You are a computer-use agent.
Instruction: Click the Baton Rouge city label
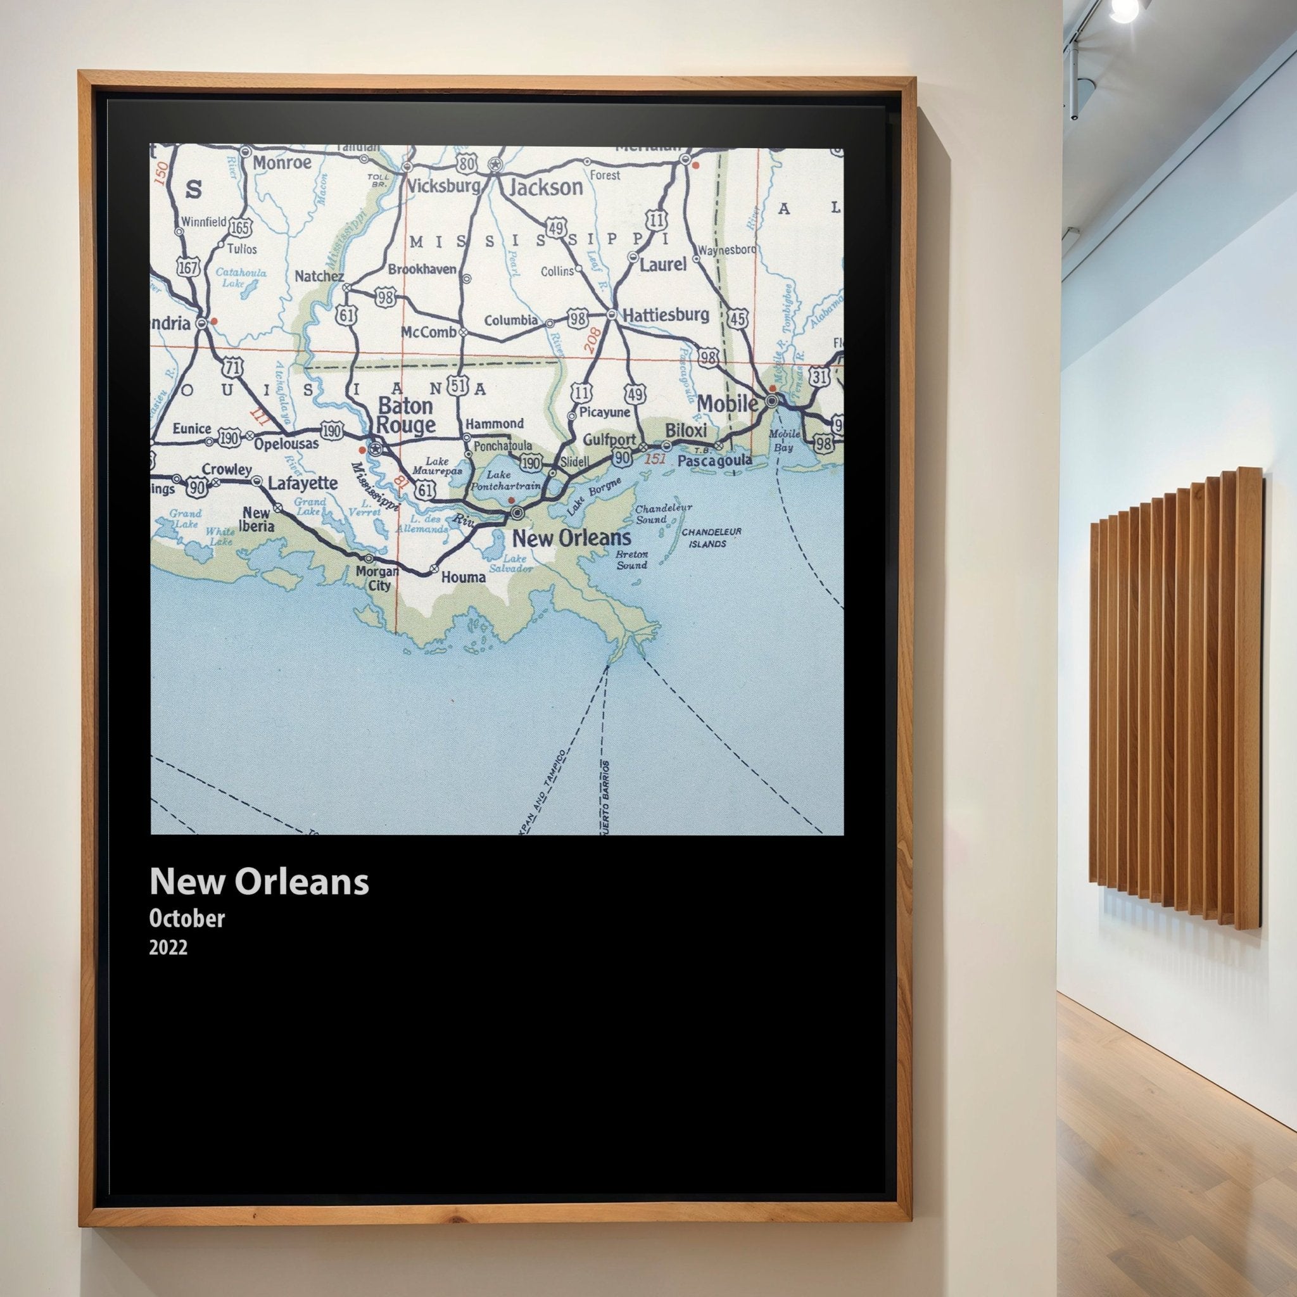click(406, 415)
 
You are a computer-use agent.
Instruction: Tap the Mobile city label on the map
click(728, 403)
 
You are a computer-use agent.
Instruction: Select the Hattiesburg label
click(666, 315)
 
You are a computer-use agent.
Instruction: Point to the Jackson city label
click(546, 187)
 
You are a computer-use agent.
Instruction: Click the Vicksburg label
click(444, 186)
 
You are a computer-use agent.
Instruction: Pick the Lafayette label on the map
click(303, 483)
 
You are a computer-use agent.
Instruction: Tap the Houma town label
click(463, 577)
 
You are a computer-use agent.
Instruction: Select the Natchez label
click(320, 276)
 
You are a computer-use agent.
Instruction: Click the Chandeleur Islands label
click(711, 537)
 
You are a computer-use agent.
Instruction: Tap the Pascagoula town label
click(714, 461)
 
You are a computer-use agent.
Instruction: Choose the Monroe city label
click(282, 163)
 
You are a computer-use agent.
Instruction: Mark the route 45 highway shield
click(738, 319)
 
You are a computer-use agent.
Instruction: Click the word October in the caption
click(187, 918)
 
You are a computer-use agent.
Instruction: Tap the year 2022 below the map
click(168, 947)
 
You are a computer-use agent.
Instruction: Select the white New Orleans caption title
click(259, 881)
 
